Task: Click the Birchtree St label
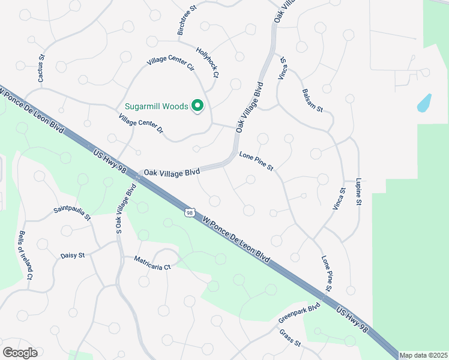click(187, 21)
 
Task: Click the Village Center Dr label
click(142, 119)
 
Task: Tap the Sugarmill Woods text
click(156, 107)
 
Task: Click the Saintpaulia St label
click(72, 212)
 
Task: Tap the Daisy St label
click(73, 256)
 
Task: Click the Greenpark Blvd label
click(299, 313)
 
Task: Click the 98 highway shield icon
click(190, 212)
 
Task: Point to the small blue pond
click(424, 103)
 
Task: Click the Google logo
click(20, 353)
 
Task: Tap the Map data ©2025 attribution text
click(423, 355)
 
